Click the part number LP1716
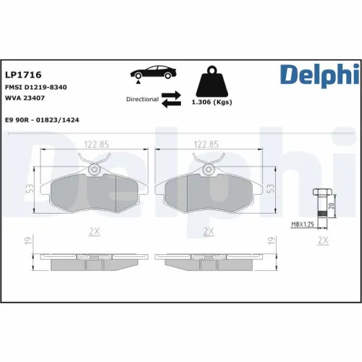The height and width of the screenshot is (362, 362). tap(22, 75)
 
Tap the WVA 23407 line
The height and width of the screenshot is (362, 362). tap(26, 98)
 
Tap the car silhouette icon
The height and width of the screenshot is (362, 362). tap(151, 75)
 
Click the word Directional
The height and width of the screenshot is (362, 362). tap(142, 98)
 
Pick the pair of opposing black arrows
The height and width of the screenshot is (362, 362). tap(172, 98)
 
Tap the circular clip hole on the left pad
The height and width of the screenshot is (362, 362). tap(94, 169)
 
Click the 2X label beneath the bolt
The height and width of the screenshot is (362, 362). tap(324, 240)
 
